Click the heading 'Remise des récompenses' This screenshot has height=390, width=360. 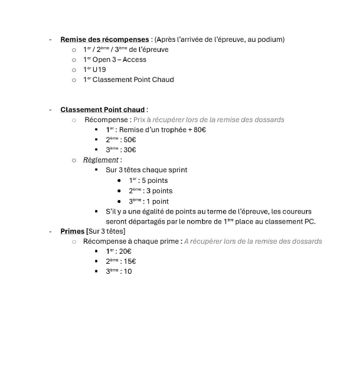point(104,40)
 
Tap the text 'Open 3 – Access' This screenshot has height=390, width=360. point(119,60)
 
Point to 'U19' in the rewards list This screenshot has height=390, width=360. point(99,70)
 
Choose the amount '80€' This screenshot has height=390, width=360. point(198,130)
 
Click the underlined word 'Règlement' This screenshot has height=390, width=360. point(101,160)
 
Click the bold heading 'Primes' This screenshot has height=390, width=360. point(73,231)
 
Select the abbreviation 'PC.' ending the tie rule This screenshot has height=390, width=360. point(309,221)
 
